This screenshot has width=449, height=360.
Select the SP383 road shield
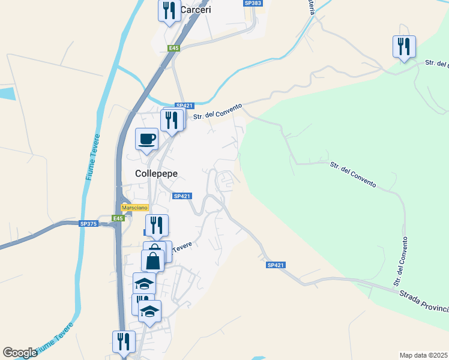coord(253,4)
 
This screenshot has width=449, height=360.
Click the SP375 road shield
coord(88,224)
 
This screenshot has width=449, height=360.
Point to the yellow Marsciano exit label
coord(134,208)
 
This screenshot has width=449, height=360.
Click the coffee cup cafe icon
coord(146,139)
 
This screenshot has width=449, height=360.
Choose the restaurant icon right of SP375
coord(157,226)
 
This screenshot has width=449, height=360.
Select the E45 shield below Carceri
coord(174,48)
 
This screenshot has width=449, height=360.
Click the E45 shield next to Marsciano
coord(118,218)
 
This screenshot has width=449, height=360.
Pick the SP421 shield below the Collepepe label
coord(181,196)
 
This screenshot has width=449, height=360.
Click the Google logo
coord(20,353)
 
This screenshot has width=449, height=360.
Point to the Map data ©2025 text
coord(424,355)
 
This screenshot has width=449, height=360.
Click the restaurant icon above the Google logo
coord(124,342)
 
